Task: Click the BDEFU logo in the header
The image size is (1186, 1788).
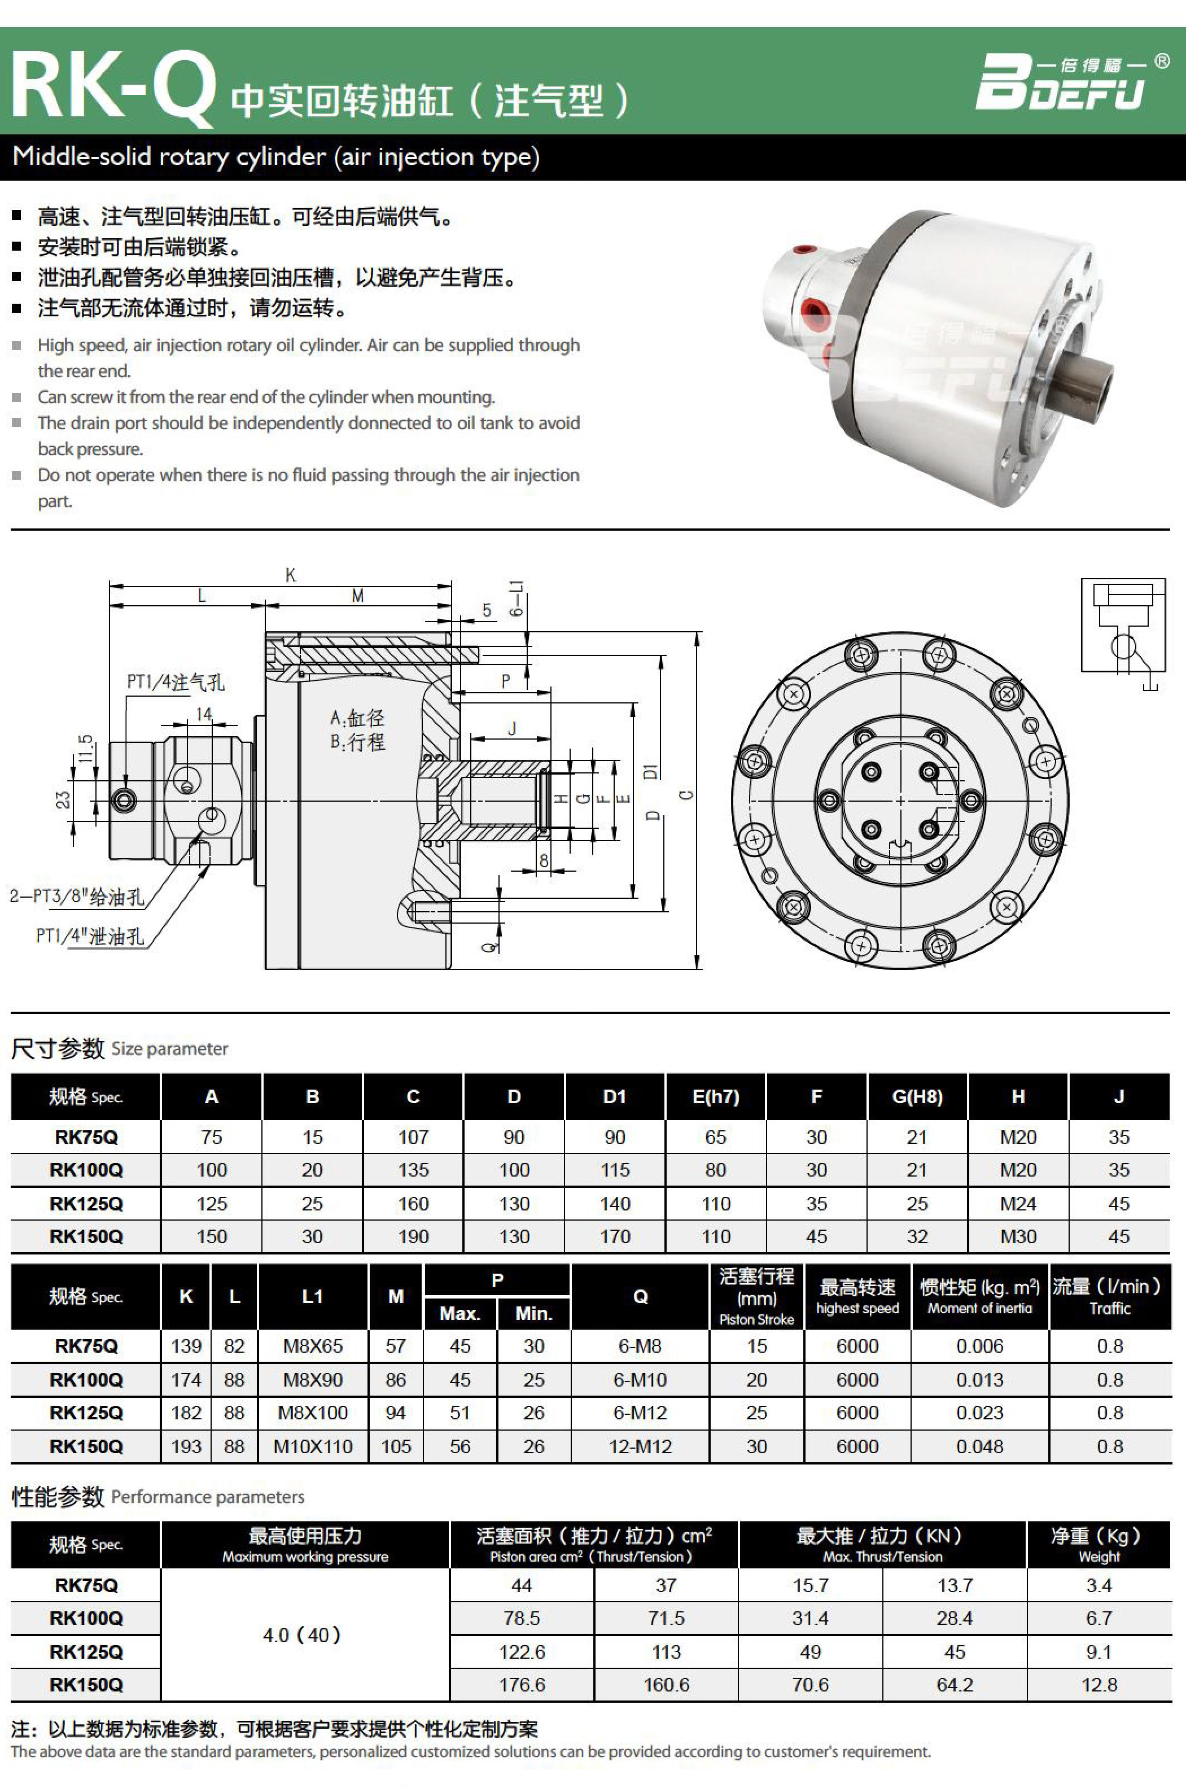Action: [1066, 82]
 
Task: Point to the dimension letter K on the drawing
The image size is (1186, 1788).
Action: [291, 575]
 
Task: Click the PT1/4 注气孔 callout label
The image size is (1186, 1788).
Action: [176, 682]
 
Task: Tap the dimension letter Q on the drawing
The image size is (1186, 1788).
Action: [491, 946]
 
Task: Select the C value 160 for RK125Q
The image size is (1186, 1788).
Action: [413, 1203]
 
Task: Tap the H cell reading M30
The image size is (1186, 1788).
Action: [1018, 1236]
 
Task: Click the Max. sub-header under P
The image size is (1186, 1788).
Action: [460, 1314]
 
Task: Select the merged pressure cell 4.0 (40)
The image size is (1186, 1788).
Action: [303, 1635]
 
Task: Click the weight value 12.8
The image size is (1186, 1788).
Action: [1099, 1684]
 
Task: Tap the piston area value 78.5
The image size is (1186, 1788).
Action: [522, 1618]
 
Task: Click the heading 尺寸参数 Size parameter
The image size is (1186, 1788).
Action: [120, 1048]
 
